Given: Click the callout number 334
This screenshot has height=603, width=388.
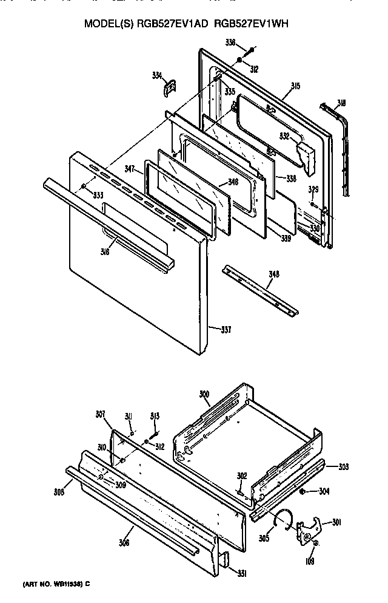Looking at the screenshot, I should (157, 75).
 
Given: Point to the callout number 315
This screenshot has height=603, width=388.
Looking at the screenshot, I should (295, 86).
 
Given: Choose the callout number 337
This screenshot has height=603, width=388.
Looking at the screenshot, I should (226, 330).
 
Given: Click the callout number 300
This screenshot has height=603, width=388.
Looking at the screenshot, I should (204, 395).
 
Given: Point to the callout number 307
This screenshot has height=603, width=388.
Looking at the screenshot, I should (101, 414).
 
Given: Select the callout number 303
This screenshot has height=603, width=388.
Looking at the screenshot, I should (343, 466).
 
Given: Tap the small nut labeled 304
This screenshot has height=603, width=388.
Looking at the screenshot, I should (302, 491).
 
